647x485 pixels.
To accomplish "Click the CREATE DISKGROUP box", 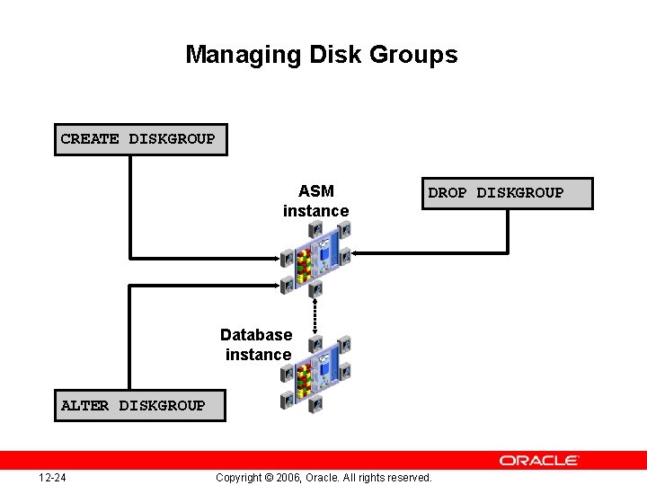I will click(x=139, y=139).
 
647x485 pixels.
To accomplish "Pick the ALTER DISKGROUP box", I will click(x=139, y=406).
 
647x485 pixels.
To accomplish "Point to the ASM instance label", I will click(x=315, y=201).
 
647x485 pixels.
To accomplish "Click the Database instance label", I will click(x=257, y=345).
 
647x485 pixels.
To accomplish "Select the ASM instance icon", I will click(x=315, y=257).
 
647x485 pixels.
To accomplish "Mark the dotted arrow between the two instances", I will click(x=315, y=314).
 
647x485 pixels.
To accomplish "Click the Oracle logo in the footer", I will click(x=539, y=460).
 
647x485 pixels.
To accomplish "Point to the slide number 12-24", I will click(x=52, y=477).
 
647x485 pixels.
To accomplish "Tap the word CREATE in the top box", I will click(x=90, y=139).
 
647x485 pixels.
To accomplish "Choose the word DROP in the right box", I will click(x=448, y=193).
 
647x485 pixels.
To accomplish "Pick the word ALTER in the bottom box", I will click(x=85, y=406).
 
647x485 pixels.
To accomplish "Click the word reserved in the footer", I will click(x=408, y=477).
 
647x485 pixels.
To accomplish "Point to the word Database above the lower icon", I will click(x=256, y=335).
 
